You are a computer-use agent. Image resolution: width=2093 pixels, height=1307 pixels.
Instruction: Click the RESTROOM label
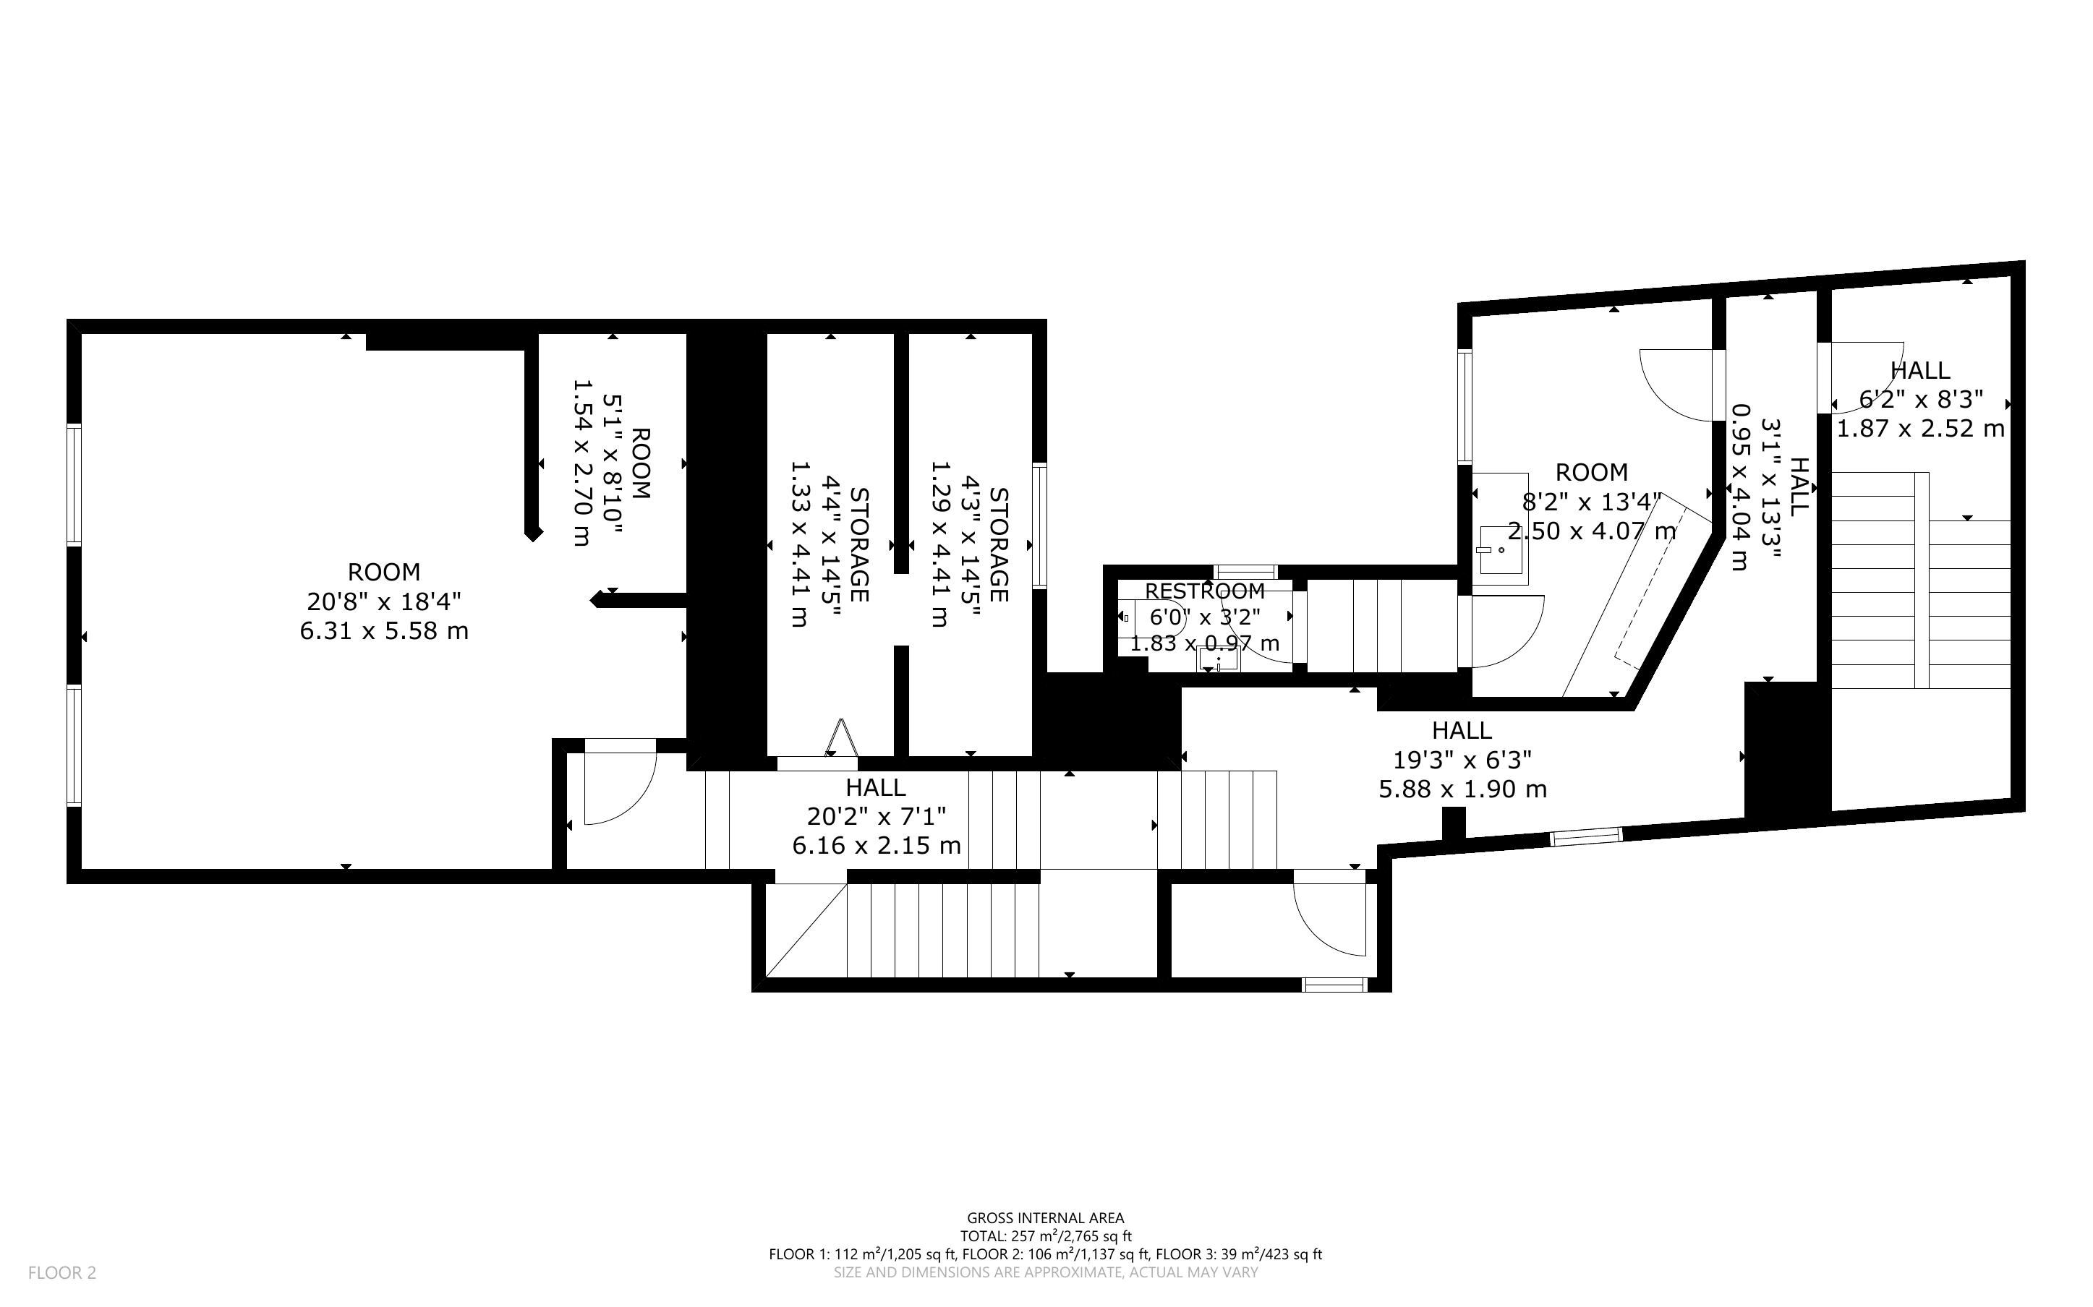(x=1204, y=591)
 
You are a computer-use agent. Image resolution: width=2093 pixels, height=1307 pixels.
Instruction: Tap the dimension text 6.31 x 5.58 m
(x=384, y=631)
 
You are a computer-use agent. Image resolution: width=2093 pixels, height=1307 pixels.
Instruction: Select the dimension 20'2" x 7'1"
(x=877, y=816)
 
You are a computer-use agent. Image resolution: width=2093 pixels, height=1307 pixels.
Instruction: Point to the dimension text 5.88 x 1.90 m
(x=1463, y=789)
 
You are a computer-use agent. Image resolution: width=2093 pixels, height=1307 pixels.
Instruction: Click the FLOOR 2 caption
(x=62, y=1272)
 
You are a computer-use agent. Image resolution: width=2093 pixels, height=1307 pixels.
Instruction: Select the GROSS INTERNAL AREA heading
(x=1045, y=1219)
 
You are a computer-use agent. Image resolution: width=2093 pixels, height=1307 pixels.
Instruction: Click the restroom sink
(x=1218, y=659)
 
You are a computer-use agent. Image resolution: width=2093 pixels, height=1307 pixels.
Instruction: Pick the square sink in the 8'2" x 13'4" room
(x=1500, y=550)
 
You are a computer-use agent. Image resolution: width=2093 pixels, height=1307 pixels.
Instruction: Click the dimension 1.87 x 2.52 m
(x=1920, y=429)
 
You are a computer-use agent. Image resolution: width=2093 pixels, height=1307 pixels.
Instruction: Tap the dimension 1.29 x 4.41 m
(x=939, y=544)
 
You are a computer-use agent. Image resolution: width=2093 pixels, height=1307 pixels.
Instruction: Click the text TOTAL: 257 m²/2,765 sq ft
(x=1045, y=1236)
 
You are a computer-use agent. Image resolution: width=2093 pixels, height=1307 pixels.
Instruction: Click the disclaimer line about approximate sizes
(x=1045, y=1272)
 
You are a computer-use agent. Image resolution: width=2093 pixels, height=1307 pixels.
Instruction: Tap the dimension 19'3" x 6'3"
(x=1463, y=760)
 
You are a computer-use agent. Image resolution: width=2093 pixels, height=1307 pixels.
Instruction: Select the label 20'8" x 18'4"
(x=384, y=601)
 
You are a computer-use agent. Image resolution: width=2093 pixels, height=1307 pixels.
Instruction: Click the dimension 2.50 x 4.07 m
(x=1592, y=531)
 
